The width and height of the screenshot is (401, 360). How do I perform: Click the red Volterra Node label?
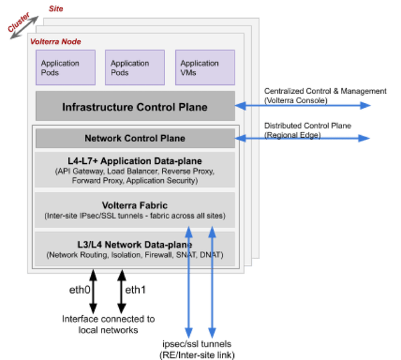click(56, 41)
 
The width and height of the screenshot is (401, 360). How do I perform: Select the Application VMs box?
click(198, 68)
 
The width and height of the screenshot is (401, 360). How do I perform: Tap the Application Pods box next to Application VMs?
click(130, 68)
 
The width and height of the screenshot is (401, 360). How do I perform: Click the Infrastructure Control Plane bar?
click(135, 107)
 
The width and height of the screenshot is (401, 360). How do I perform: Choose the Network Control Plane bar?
click(135, 139)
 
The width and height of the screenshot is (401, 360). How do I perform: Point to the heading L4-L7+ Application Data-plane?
click(135, 161)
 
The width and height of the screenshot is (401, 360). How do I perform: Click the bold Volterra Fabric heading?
click(135, 205)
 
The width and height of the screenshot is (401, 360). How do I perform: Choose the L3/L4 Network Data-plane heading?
click(135, 245)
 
